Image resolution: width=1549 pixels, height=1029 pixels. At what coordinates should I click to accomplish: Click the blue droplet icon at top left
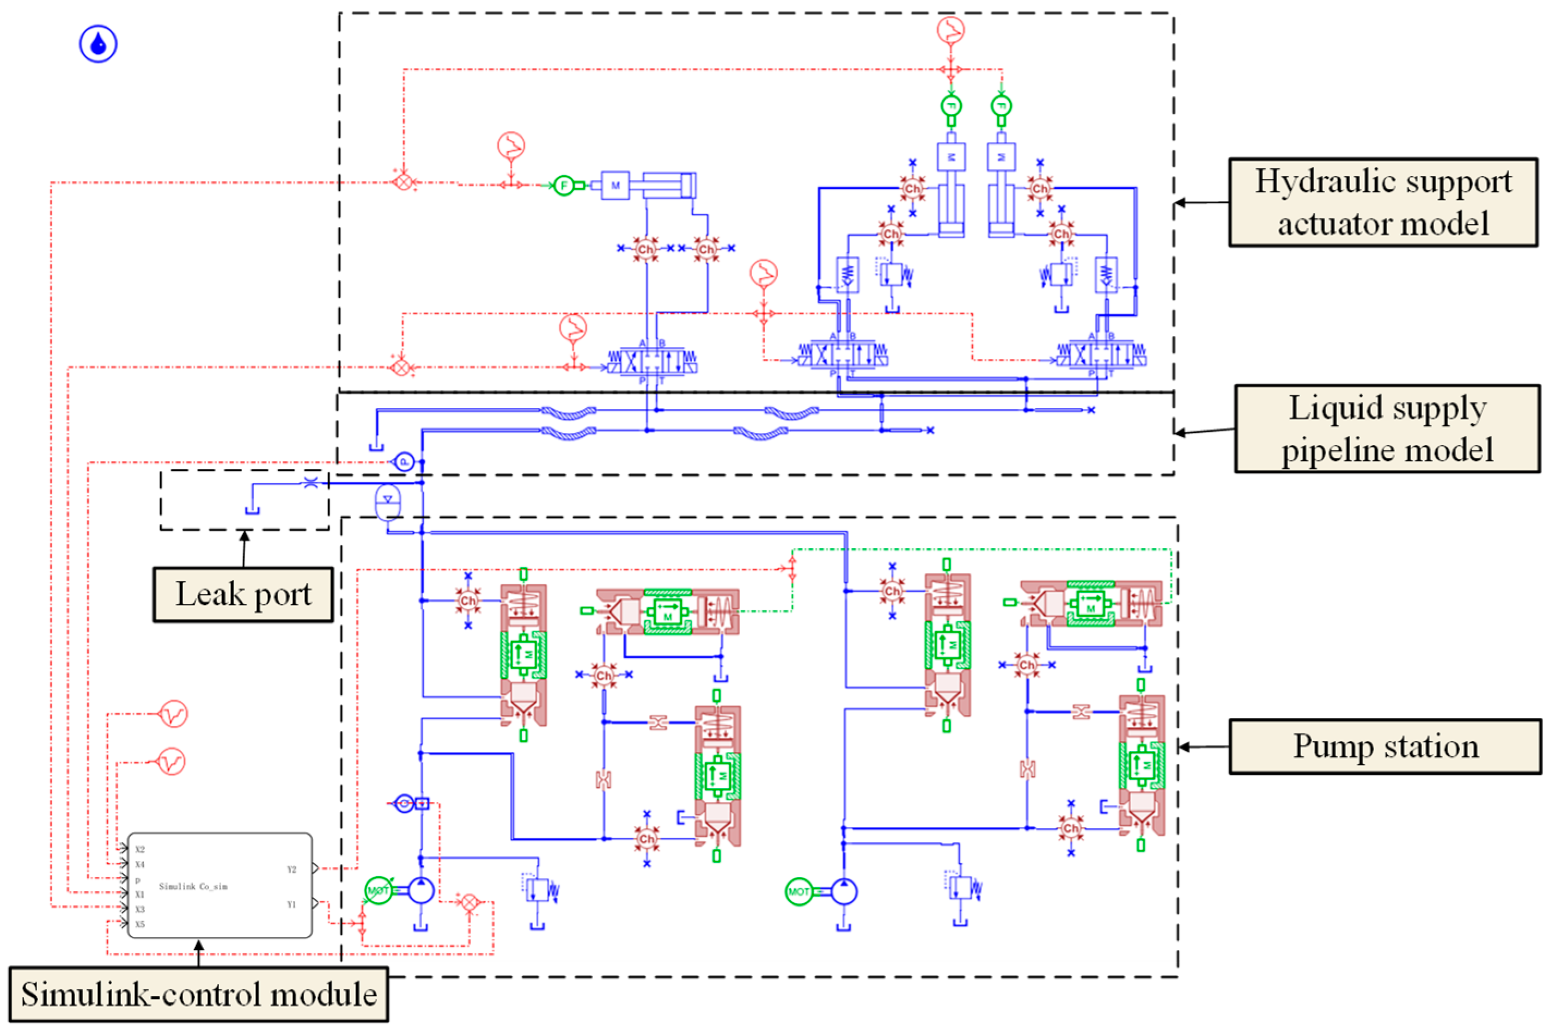click(x=99, y=44)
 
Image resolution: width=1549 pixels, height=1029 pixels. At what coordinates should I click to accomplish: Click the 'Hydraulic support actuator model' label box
click(x=1382, y=202)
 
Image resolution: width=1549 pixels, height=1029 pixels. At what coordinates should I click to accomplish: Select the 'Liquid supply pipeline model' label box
click(x=1386, y=428)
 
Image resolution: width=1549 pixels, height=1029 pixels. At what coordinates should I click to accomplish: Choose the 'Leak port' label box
click(x=243, y=594)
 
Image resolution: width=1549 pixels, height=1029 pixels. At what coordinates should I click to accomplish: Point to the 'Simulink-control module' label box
click(x=198, y=994)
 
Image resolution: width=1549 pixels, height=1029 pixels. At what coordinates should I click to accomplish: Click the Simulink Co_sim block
click(x=219, y=885)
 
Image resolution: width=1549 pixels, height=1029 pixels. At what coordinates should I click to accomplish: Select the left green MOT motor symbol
click(x=378, y=891)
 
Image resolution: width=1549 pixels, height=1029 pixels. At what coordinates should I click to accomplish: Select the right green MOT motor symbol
click(x=799, y=891)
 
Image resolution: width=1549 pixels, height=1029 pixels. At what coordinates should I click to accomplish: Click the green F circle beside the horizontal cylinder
click(x=563, y=186)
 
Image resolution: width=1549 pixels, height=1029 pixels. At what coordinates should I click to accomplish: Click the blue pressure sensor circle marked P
click(x=404, y=462)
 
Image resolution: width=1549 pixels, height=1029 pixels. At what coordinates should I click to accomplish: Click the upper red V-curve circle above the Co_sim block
click(x=173, y=713)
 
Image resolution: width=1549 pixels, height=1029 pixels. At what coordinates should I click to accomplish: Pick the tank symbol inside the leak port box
click(x=252, y=510)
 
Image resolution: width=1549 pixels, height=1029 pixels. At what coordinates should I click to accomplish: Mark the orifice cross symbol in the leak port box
click(x=310, y=482)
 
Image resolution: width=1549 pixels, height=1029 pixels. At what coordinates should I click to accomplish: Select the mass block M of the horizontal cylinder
click(x=615, y=186)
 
